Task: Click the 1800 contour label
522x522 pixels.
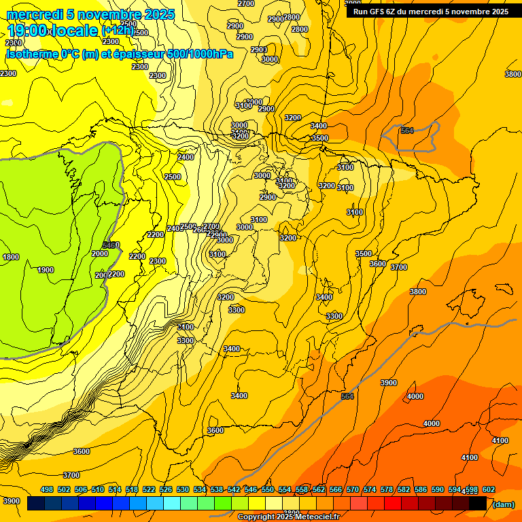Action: tap(11, 257)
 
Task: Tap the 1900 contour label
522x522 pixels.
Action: tap(46, 270)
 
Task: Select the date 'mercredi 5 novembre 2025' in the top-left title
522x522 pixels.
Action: tap(90, 14)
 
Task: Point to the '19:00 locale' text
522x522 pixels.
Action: tap(52, 30)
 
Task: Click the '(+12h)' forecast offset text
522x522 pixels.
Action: tap(119, 31)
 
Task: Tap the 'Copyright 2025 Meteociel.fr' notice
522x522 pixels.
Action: tap(288, 517)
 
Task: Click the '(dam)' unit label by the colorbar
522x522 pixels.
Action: tap(503, 504)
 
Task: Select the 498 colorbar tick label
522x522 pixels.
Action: tap(47, 489)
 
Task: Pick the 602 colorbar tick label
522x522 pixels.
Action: tap(489, 489)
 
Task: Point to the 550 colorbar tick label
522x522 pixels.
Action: tap(268, 489)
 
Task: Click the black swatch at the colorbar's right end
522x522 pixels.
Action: tap(478, 504)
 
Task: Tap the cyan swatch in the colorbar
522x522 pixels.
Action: tap(172, 504)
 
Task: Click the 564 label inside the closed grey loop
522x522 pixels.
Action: tap(406, 130)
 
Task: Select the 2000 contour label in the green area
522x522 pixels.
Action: tap(99, 254)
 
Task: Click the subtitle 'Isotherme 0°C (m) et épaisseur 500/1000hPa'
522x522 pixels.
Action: tap(120, 54)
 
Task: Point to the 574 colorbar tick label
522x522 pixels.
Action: tap(370, 489)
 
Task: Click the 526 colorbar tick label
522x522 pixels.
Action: tap(166, 489)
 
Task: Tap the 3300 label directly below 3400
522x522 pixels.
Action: tap(334, 316)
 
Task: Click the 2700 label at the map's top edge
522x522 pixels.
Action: tap(246, 3)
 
